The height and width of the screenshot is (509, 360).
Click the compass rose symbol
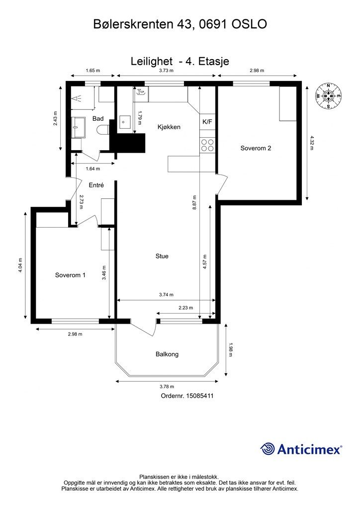pos(328,96)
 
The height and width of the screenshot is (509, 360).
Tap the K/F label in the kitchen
pos(207,122)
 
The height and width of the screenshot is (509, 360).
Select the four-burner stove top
pos(207,145)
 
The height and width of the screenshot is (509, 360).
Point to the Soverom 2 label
pos(256,148)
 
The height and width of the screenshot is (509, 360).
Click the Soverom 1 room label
pos(70,275)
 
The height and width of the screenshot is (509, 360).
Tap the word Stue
pos(162,256)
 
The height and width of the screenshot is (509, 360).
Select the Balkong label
pos(167,354)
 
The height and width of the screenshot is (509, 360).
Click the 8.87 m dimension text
pos(194,203)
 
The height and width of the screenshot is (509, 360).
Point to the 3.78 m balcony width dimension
pos(167,386)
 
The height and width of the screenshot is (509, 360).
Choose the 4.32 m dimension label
pos(312,143)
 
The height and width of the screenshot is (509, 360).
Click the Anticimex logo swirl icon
pos(268,449)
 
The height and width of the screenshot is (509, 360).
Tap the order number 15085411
pos(199,396)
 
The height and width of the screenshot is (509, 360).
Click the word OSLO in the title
pos(249,24)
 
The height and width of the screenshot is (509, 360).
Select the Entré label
pos(96,185)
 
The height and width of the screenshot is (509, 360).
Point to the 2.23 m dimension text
pos(185,307)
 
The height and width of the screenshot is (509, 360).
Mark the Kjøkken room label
pos(169,127)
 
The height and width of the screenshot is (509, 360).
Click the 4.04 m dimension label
pos(20,265)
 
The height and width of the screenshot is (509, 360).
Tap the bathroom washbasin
pos(78,127)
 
